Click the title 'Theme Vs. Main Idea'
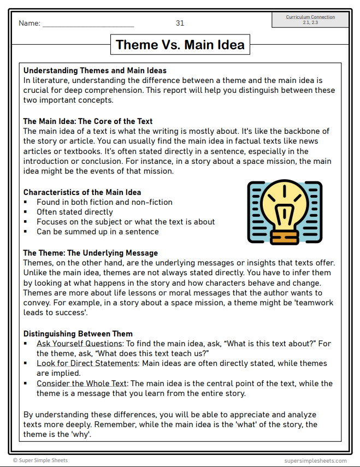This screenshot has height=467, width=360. (180, 44)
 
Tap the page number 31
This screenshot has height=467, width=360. (180, 23)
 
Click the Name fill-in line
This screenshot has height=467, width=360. (88, 25)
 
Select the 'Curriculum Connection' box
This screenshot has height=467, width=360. (310, 20)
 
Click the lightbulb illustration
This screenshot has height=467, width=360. (284, 212)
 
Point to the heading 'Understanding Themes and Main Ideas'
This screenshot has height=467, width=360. (95, 70)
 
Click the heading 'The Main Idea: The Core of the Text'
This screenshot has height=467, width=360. (88, 121)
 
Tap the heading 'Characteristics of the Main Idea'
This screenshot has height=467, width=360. (82, 192)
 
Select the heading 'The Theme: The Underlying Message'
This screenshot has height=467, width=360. (90, 253)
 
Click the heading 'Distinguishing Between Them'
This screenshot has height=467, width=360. (78, 334)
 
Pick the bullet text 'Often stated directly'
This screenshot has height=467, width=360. (75, 212)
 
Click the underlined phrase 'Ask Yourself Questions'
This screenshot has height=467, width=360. (80, 344)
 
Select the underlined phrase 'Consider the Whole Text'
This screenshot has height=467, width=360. (82, 383)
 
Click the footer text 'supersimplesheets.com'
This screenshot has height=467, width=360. (315, 460)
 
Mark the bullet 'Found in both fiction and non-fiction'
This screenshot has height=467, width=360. (104, 202)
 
